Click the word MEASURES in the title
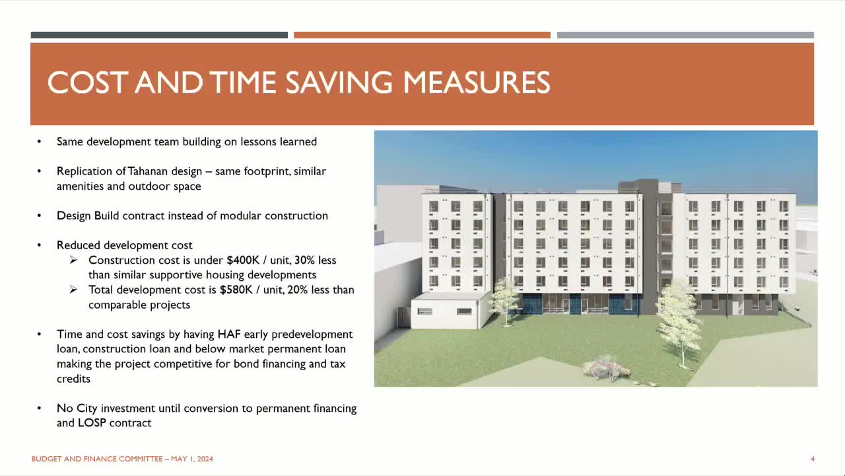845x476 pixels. coord(476,83)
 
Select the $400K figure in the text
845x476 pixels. coord(245,260)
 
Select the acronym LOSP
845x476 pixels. coord(94,423)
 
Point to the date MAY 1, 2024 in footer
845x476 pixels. coord(192,459)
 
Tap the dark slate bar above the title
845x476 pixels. coord(159,35)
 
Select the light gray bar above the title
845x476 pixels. coord(685,35)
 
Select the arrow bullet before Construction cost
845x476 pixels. coord(74,260)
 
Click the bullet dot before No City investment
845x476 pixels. coord(40,409)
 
